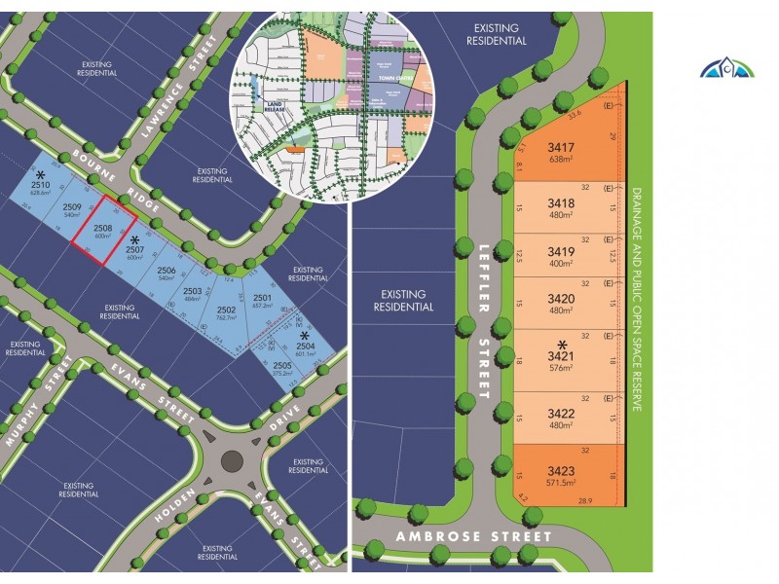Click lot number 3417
[x=561, y=149]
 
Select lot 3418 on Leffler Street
[x=561, y=202]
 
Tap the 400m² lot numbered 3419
[x=561, y=249]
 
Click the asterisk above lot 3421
[x=561, y=345]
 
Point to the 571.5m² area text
[x=561, y=482]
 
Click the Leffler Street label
[x=484, y=321]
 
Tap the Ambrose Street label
[x=487, y=536]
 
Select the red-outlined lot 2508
[x=104, y=231]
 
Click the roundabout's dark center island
[x=231, y=460]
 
